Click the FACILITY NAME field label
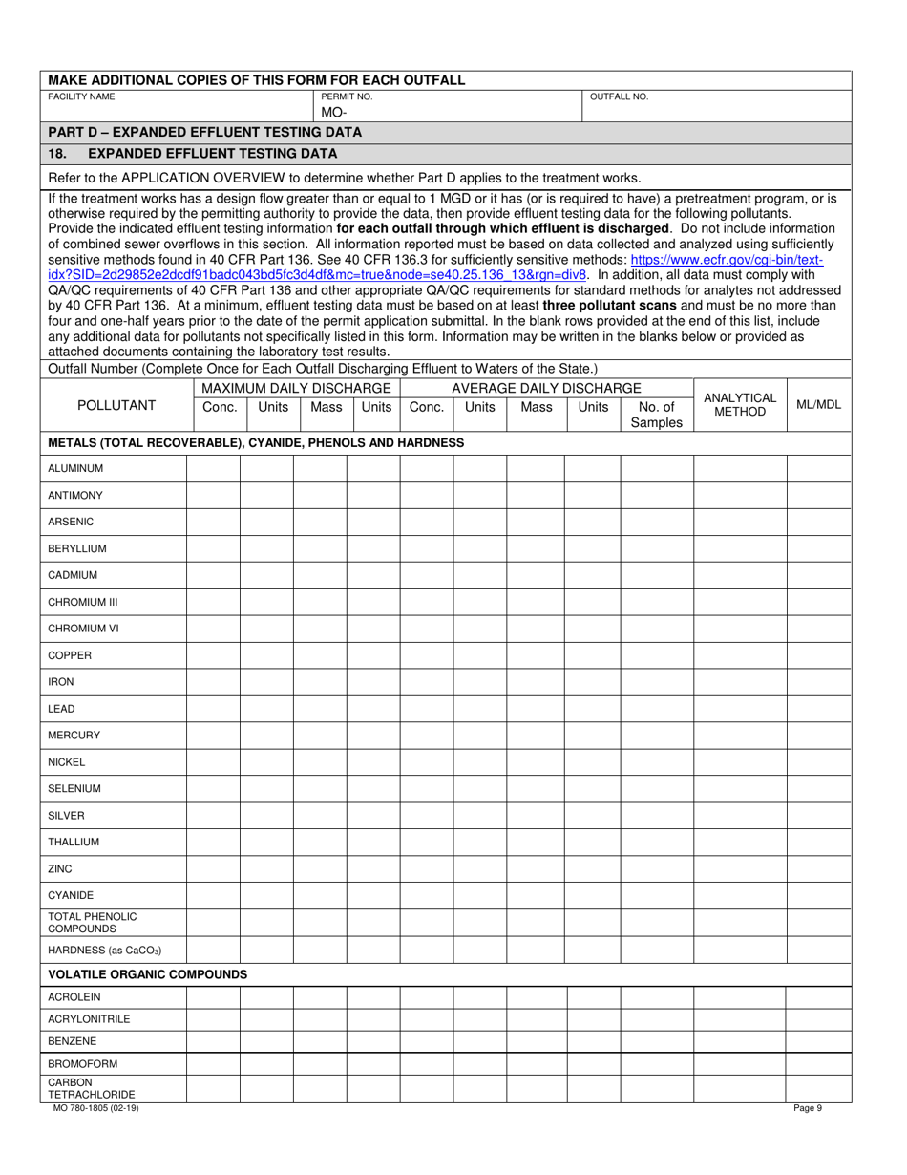click(x=81, y=97)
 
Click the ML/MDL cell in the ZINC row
click(x=818, y=869)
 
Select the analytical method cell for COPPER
click(x=739, y=655)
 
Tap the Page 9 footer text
click(x=808, y=1108)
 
